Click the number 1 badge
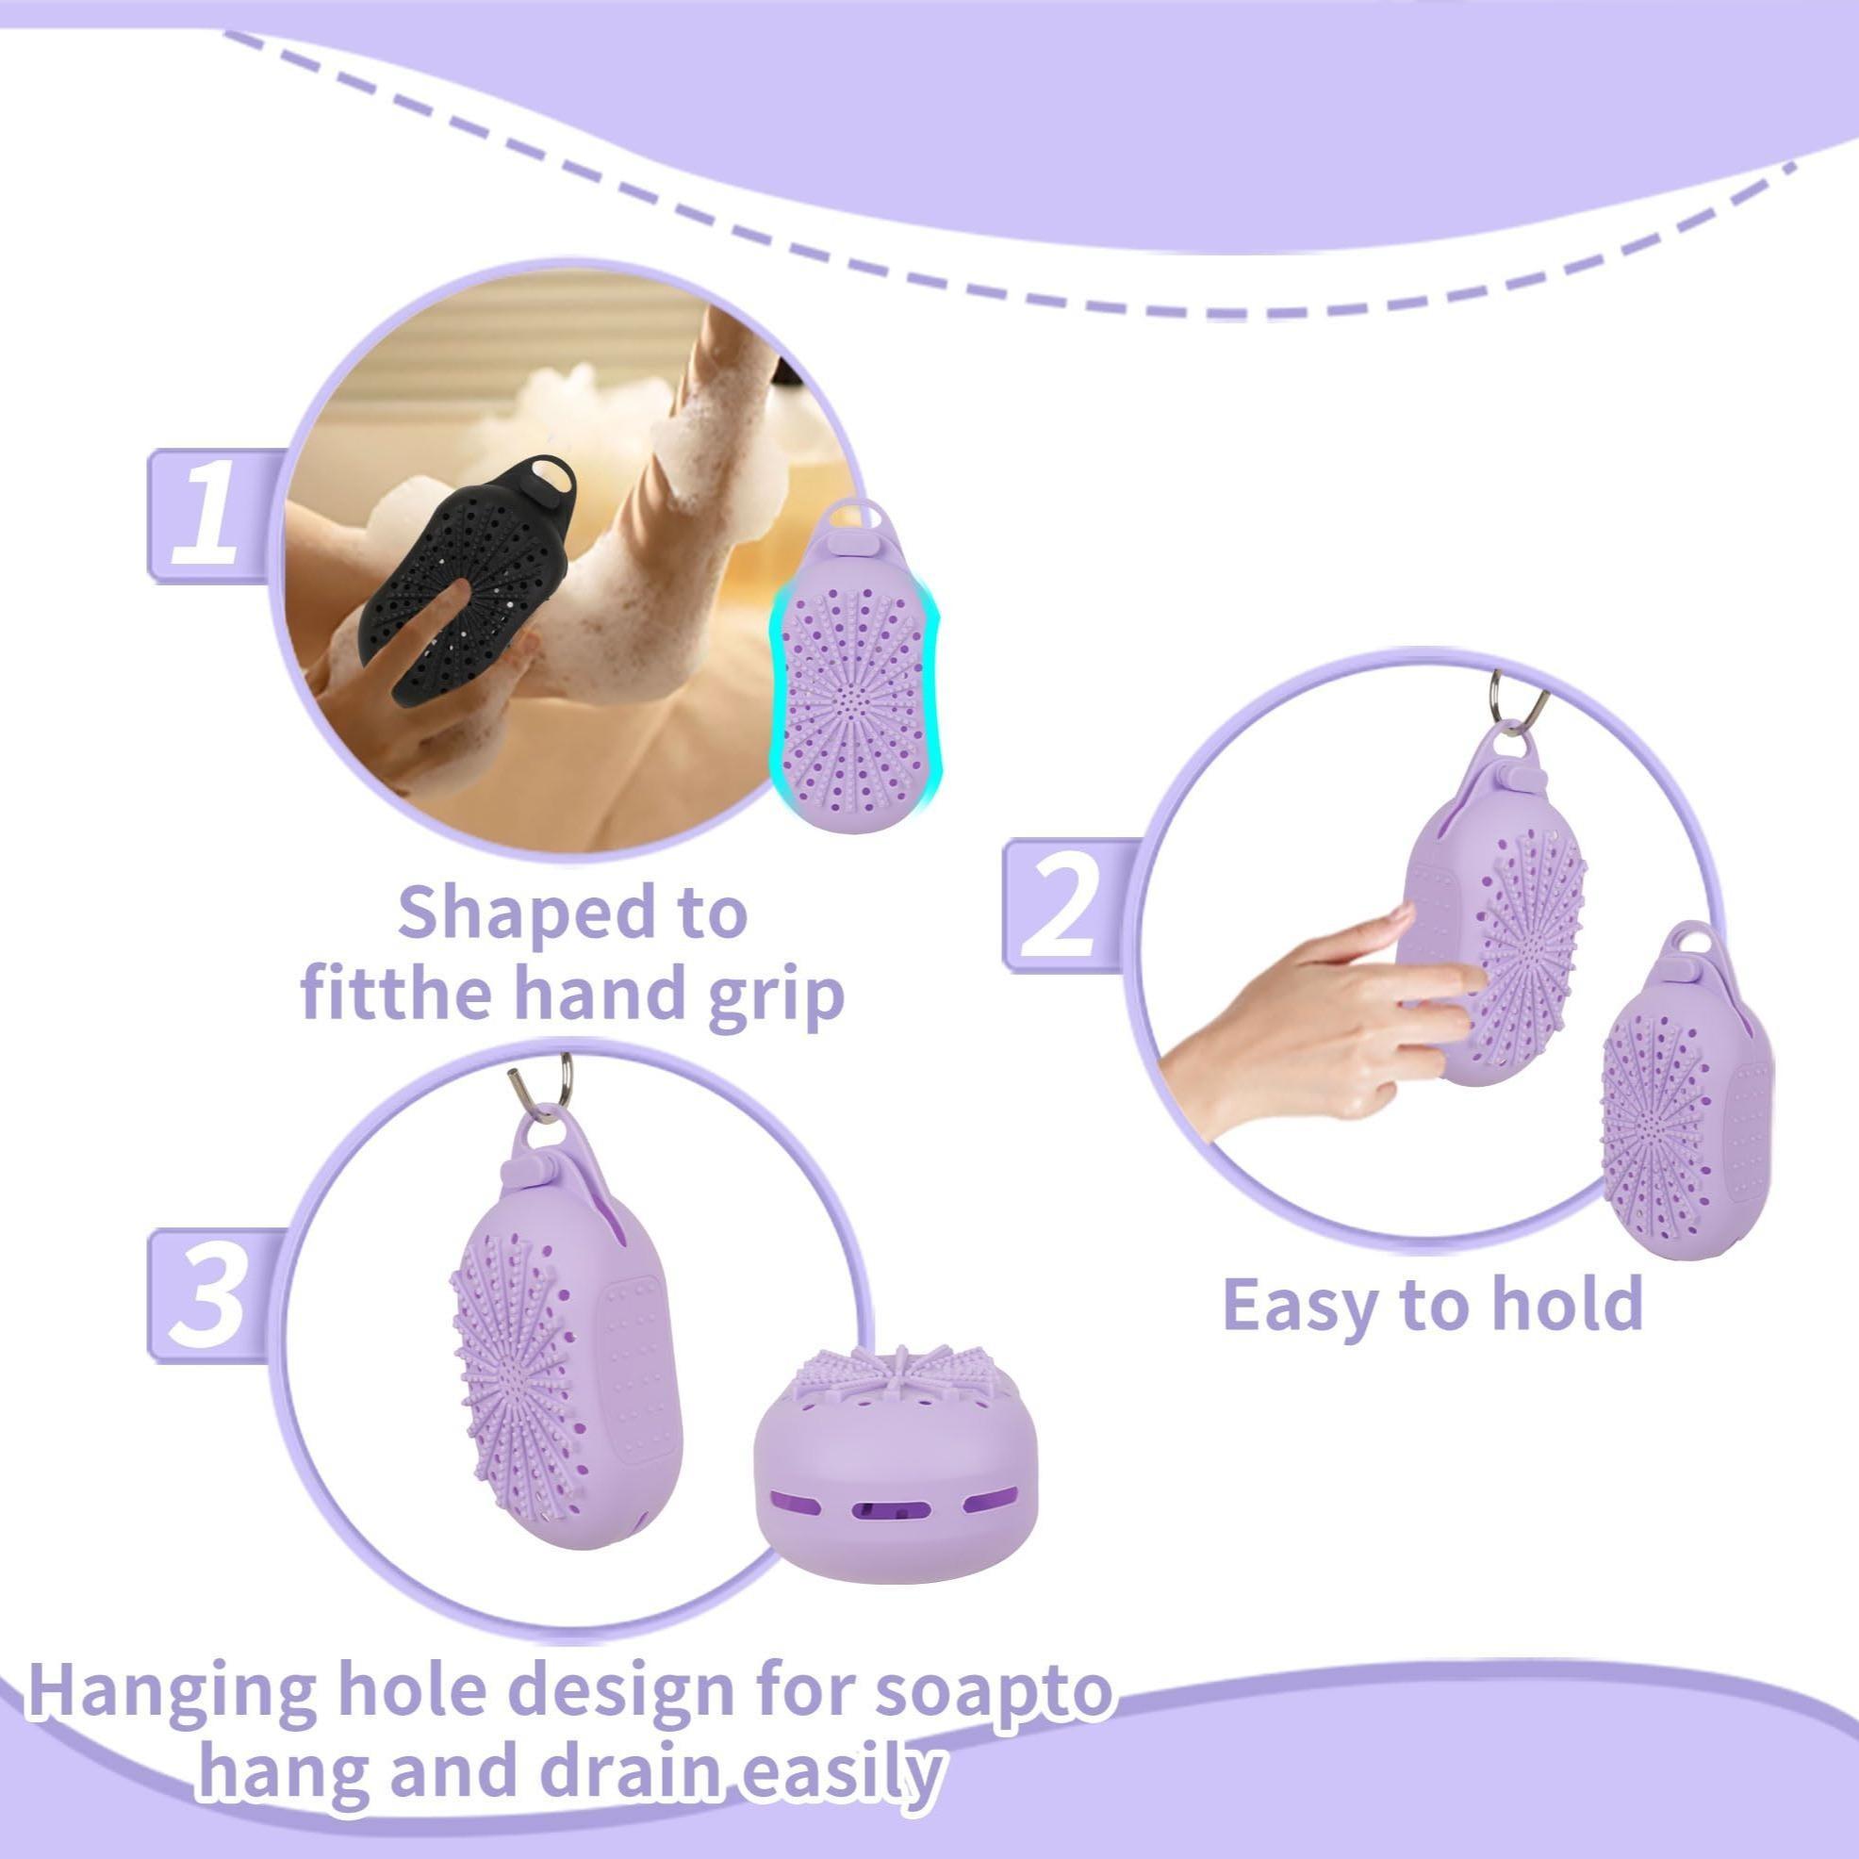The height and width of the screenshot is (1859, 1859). (x=205, y=516)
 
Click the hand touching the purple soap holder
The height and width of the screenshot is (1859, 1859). (x=1318, y=1020)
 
